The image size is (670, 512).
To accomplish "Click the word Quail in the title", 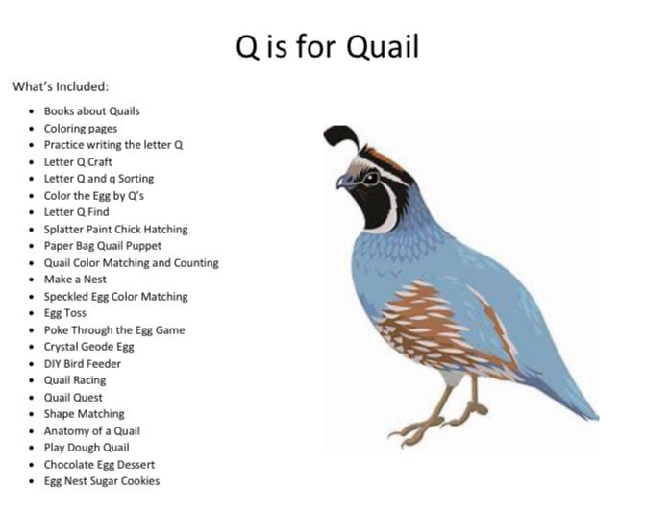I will [381, 46].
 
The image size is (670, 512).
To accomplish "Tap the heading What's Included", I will [61, 86].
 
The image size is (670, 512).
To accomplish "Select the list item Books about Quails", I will [91, 111].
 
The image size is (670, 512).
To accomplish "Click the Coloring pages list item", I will [81, 128].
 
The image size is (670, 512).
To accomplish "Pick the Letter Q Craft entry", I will [78, 161].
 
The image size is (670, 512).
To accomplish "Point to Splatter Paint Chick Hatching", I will [115, 229].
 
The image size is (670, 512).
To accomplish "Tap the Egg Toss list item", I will [65, 313].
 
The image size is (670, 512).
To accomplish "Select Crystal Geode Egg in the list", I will [88, 347].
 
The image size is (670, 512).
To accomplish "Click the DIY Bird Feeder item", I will [83, 363].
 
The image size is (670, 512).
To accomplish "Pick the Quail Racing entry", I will [75, 380].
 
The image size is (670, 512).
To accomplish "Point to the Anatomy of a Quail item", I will [91, 430].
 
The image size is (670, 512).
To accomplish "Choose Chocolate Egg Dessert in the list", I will [99, 464].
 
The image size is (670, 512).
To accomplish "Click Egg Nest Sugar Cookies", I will [102, 481].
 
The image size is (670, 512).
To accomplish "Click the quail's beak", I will [342, 181].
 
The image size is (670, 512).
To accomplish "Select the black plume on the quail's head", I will [338, 136].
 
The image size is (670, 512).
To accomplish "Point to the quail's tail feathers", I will [567, 394].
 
